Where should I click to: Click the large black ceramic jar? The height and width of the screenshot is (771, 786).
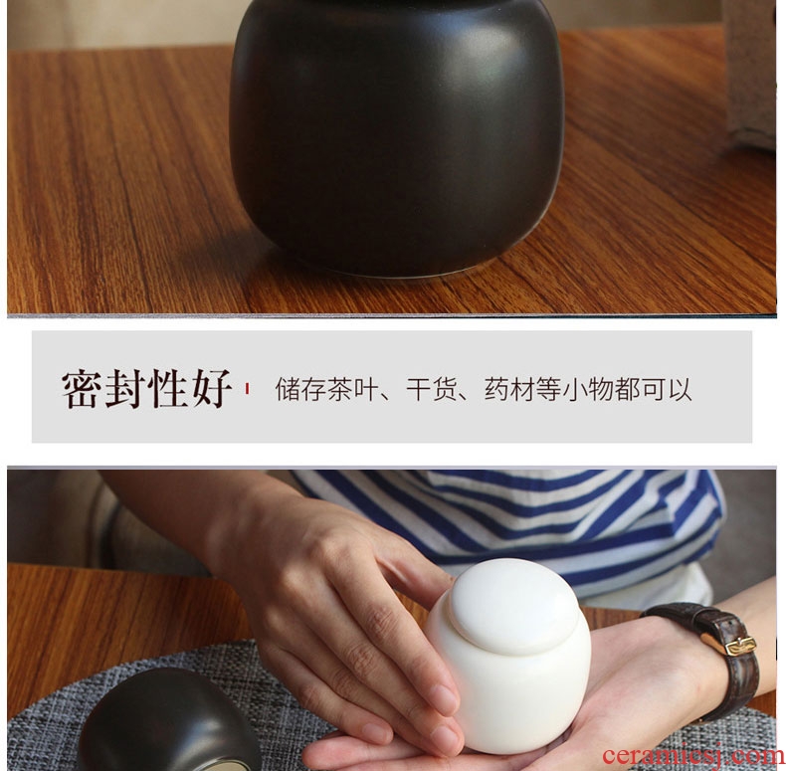[396, 135]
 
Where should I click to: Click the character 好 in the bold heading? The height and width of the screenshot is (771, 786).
[212, 389]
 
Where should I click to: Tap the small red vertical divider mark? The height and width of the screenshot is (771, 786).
[247, 389]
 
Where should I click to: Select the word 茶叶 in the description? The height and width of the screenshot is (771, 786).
[352, 390]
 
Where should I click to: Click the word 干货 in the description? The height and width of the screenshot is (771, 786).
[431, 390]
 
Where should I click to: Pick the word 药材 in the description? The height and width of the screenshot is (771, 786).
[509, 390]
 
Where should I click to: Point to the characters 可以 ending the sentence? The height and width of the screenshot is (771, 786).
[667, 390]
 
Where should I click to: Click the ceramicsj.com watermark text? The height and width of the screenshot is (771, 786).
[692, 755]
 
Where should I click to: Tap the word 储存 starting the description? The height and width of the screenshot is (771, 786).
[300, 390]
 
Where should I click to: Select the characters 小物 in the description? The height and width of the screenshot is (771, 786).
[587, 390]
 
